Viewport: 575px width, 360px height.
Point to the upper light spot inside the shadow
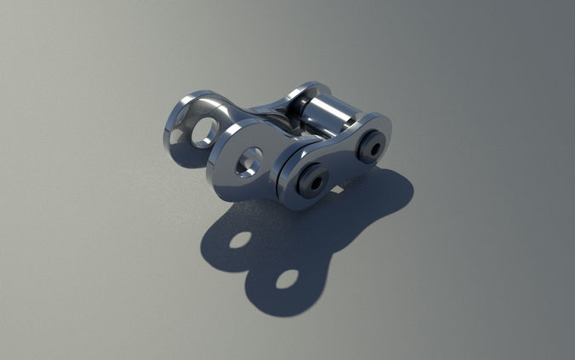[x=241, y=239]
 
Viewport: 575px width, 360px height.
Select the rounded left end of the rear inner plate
[x=169, y=132]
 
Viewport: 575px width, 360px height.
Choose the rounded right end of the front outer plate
[x=388, y=136]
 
